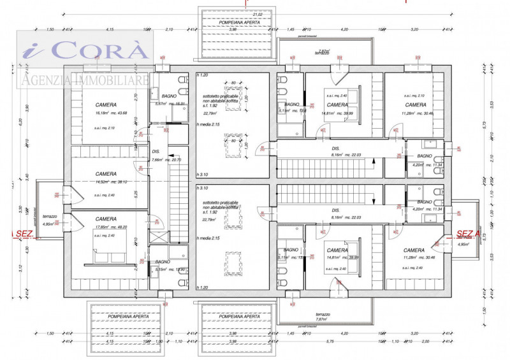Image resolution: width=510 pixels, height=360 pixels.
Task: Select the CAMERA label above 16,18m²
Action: pyautogui.click(x=106, y=104)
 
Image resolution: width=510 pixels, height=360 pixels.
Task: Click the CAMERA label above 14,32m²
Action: pyautogui.click(x=106, y=174)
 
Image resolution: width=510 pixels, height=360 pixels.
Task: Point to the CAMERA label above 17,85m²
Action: pyautogui.click(x=106, y=219)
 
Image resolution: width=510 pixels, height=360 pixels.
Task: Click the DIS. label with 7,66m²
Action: pyautogui.click(x=156, y=152)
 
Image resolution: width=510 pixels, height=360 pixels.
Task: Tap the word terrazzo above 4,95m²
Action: pyautogui.click(x=50, y=217)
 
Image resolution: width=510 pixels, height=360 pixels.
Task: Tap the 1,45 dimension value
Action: pyautogui.click(x=290, y=29)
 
